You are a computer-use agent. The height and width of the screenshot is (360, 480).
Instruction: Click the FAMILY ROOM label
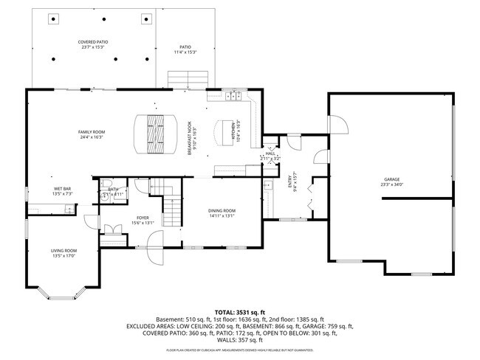94,132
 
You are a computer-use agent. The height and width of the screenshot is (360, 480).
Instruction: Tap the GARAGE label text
390,179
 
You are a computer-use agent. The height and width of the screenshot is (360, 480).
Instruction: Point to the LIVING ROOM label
64,250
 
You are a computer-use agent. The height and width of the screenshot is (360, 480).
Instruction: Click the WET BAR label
61,190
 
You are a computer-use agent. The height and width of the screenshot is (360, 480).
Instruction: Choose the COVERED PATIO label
93,42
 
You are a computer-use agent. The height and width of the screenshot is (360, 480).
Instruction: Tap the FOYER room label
143,218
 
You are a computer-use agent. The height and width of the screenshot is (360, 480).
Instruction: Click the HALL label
270,153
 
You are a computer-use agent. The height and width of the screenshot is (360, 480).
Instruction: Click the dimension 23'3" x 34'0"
390,185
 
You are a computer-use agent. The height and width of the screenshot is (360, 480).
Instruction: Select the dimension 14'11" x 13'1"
222,217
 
